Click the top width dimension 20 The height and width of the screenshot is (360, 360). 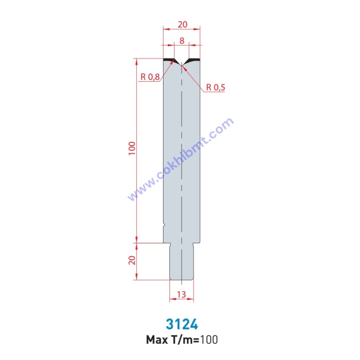[182, 24]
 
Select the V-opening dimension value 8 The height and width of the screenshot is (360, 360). [182, 41]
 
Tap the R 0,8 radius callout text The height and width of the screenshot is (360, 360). [150, 77]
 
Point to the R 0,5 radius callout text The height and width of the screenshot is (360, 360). [216, 88]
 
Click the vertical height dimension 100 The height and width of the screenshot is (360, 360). [132, 148]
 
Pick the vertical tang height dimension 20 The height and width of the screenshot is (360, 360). [132, 260]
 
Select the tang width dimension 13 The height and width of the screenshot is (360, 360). [181, 294]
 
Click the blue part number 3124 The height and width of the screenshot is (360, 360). [182, 324]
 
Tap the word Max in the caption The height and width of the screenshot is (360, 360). [157, 340]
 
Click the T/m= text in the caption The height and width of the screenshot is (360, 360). [185, 340]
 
